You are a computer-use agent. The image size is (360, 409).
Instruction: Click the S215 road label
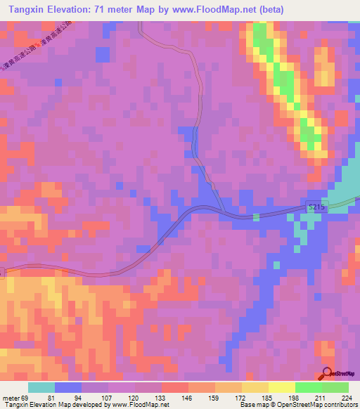(318, 206)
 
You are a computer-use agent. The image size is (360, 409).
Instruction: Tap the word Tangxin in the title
(25, 8)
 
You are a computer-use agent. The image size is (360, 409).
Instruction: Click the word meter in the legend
(11, 397)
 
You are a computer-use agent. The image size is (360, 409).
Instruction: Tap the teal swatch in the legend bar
(41, 387)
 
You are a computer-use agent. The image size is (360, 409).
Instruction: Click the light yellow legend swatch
(281, 387)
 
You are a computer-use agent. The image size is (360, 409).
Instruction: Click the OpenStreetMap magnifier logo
(328, 374)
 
